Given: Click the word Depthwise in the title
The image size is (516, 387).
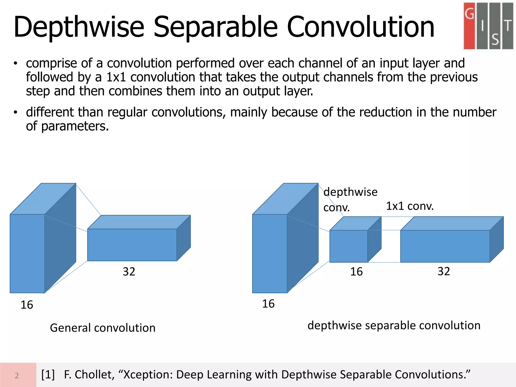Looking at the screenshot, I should (79, 27).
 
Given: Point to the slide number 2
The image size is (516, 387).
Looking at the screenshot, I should (17, 375).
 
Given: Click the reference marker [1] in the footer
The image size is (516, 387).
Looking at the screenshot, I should (48, 374).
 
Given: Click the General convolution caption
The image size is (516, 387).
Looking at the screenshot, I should (103, 328).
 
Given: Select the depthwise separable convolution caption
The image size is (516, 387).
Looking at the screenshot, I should (394, 325).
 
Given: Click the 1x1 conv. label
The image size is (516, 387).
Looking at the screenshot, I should (410, 206).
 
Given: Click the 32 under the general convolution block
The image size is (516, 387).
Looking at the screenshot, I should (129, 272).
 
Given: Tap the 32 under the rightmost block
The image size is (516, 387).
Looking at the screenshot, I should (444, 271).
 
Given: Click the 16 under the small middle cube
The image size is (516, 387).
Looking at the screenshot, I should (356, 272).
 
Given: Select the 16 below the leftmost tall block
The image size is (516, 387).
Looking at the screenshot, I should (27, 305).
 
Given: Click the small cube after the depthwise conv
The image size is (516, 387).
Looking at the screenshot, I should (349, 246).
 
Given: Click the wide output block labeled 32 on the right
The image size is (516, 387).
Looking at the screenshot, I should (445, 246).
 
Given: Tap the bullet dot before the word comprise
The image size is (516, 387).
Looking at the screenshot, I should (16, 63).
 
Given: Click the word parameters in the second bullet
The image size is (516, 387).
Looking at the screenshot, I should (75, 126).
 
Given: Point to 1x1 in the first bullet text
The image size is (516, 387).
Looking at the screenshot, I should (116, 77).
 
